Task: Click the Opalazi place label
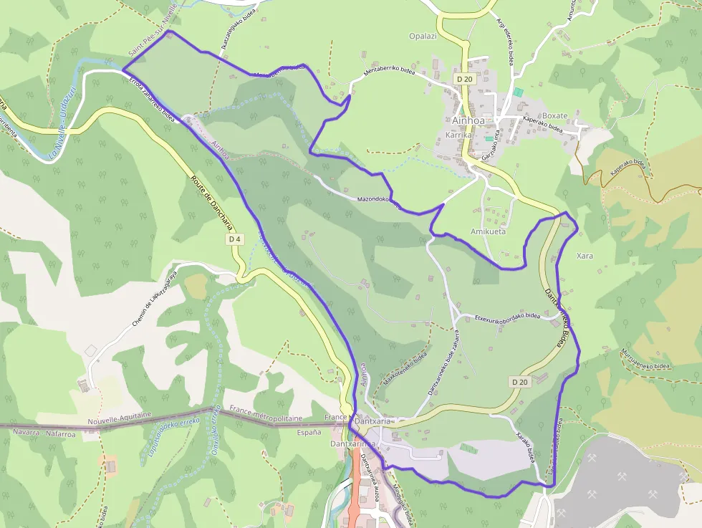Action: coord(422,37)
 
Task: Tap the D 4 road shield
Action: coord(234,239)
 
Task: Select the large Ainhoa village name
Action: coord(468,120)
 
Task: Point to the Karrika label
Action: coord(459,135)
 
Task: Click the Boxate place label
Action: coord(554,115)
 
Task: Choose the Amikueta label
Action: coord(488,232)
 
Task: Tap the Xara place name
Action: coord(585,256)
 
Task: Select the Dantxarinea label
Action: coord(352,444)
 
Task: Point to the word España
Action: coord(309,433)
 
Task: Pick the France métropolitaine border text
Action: coord(266,417)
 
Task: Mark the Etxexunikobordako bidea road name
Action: coord(507,316)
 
